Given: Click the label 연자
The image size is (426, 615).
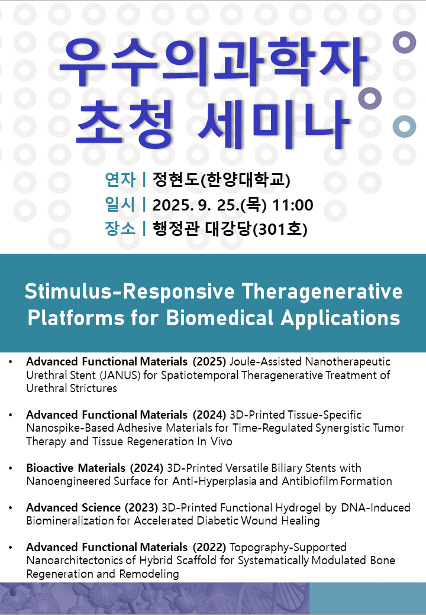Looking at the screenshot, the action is coord(120,180).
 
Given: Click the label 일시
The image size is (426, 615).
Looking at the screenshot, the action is coord(120,205).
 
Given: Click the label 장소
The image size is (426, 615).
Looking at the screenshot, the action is coord(120,229).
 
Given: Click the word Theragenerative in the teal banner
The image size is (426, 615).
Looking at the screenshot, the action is coord(322,292).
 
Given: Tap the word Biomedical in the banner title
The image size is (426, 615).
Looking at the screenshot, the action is coord(220,318).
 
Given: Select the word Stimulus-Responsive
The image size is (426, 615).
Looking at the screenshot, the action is coord(130,292).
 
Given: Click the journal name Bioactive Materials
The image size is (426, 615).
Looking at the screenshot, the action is coord(76,468).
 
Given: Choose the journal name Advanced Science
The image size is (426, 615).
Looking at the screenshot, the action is coord(73,507).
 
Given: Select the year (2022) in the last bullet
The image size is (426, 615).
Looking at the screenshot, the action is coord(209,547).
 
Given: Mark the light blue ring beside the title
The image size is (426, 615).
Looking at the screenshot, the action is coord(405,127).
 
